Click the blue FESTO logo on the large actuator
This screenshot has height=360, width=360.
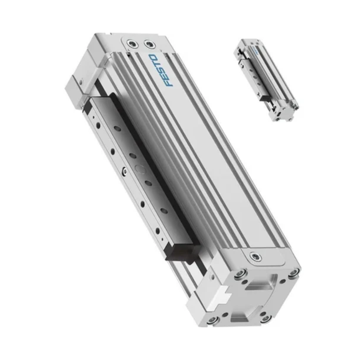click(161, 70)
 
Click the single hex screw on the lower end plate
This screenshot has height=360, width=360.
click(256, 257)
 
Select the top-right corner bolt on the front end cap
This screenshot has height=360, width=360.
click(293, 273)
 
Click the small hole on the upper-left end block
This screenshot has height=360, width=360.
click(80, 80)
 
